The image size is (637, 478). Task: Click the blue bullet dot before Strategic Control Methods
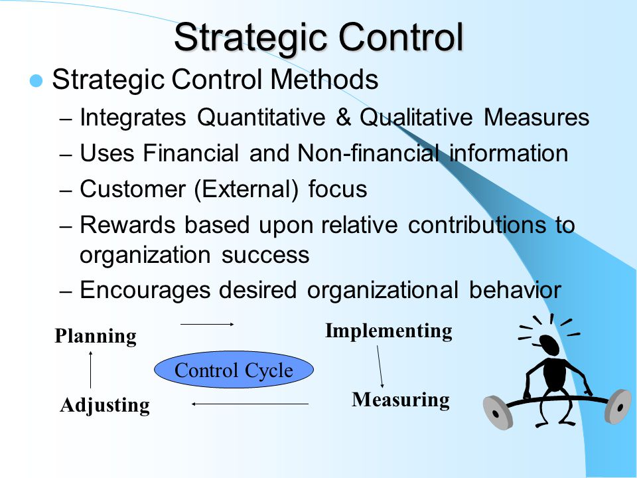point(36,80)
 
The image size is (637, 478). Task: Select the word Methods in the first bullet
point(324,79)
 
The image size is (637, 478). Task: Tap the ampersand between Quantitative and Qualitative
point(343,117)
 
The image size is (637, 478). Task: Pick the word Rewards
point(127,225)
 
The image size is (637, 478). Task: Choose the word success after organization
point(265,255)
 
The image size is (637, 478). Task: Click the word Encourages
point(145,291)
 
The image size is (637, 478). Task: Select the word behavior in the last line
point(515,290)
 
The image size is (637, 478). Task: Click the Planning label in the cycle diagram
point(96,337)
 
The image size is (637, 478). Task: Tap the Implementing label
point(388,331)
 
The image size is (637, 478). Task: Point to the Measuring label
point(401,400)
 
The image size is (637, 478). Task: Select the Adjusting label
point(105,406)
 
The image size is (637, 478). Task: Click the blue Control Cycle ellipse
point(234,370)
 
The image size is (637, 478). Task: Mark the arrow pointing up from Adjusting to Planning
point(91,370)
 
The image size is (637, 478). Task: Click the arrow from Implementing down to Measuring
point(380,366)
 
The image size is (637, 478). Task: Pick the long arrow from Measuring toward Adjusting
point(250,404)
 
